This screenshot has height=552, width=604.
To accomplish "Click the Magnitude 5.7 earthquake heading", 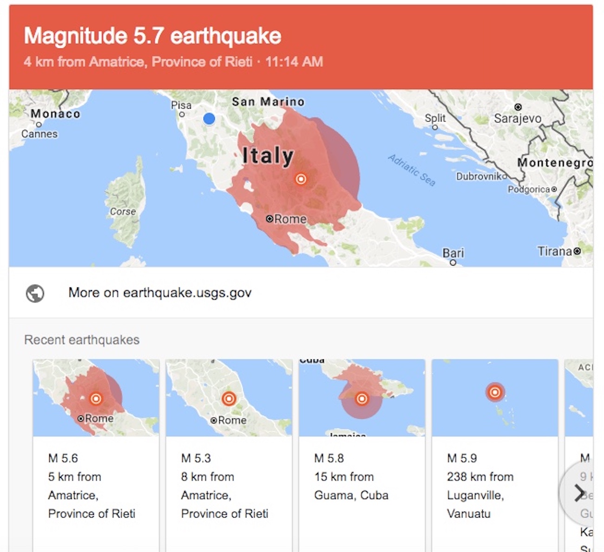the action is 152,36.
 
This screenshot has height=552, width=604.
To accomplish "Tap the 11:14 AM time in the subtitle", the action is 294,62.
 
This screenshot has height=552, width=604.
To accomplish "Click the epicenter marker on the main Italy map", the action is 301,179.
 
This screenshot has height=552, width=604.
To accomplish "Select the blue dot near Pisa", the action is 209,119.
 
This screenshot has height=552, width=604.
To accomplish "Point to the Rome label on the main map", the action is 290,219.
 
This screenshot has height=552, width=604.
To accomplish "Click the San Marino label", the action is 268,102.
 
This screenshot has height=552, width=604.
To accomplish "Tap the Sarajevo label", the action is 517,118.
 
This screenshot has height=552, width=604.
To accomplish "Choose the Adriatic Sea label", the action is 412,170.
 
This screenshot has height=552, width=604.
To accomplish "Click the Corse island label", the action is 123,212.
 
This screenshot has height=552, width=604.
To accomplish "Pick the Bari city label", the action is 453,253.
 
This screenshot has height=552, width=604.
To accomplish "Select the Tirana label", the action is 554,251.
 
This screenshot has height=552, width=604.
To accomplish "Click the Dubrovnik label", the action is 479,176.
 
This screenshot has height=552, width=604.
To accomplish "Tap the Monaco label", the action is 55,114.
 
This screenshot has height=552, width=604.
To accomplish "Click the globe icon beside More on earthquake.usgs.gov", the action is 35,293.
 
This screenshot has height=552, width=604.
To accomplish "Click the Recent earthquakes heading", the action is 82,340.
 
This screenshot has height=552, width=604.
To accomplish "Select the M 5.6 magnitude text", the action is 63,458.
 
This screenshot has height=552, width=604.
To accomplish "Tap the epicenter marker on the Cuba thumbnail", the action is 361,398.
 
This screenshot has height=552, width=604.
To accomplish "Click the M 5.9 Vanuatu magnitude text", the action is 462,458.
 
